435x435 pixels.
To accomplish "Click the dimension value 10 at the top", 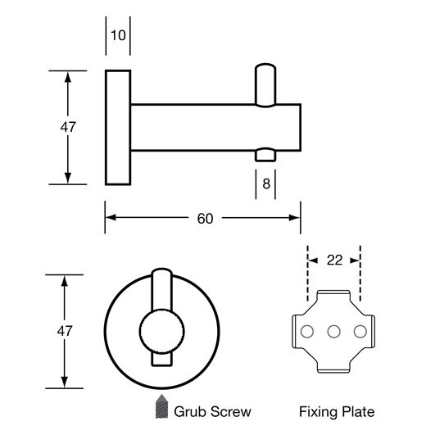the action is [118, 35].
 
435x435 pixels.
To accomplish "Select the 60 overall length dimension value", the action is [205, 219].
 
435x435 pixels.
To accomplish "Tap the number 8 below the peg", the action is [266, 184].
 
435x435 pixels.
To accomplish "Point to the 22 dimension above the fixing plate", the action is [334, 261].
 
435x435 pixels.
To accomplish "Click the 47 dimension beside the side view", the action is [68, 127].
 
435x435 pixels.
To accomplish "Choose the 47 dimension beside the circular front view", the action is [65, 331].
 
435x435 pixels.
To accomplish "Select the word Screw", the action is [231, 412].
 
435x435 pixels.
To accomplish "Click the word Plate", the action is [358, 412].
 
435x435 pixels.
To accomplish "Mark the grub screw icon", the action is [161, 406].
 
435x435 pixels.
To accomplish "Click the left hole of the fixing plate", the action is [307, 332].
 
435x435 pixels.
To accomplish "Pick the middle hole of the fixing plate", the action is [333, 332].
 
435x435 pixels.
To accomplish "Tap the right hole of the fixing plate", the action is [360, 332].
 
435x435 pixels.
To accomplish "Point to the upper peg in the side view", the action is [265, 85].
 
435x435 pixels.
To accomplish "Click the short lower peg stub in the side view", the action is [265, 155].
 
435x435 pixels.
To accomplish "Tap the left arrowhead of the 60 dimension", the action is [111, 218].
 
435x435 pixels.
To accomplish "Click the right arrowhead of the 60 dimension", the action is [295, 218].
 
